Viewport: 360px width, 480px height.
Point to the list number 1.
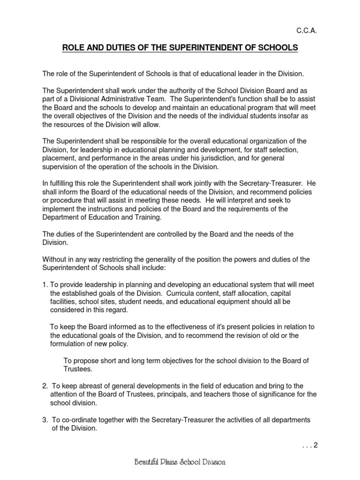[45, 285]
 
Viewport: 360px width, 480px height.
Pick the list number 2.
[45, 386]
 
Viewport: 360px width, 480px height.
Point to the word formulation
[68, 344]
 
